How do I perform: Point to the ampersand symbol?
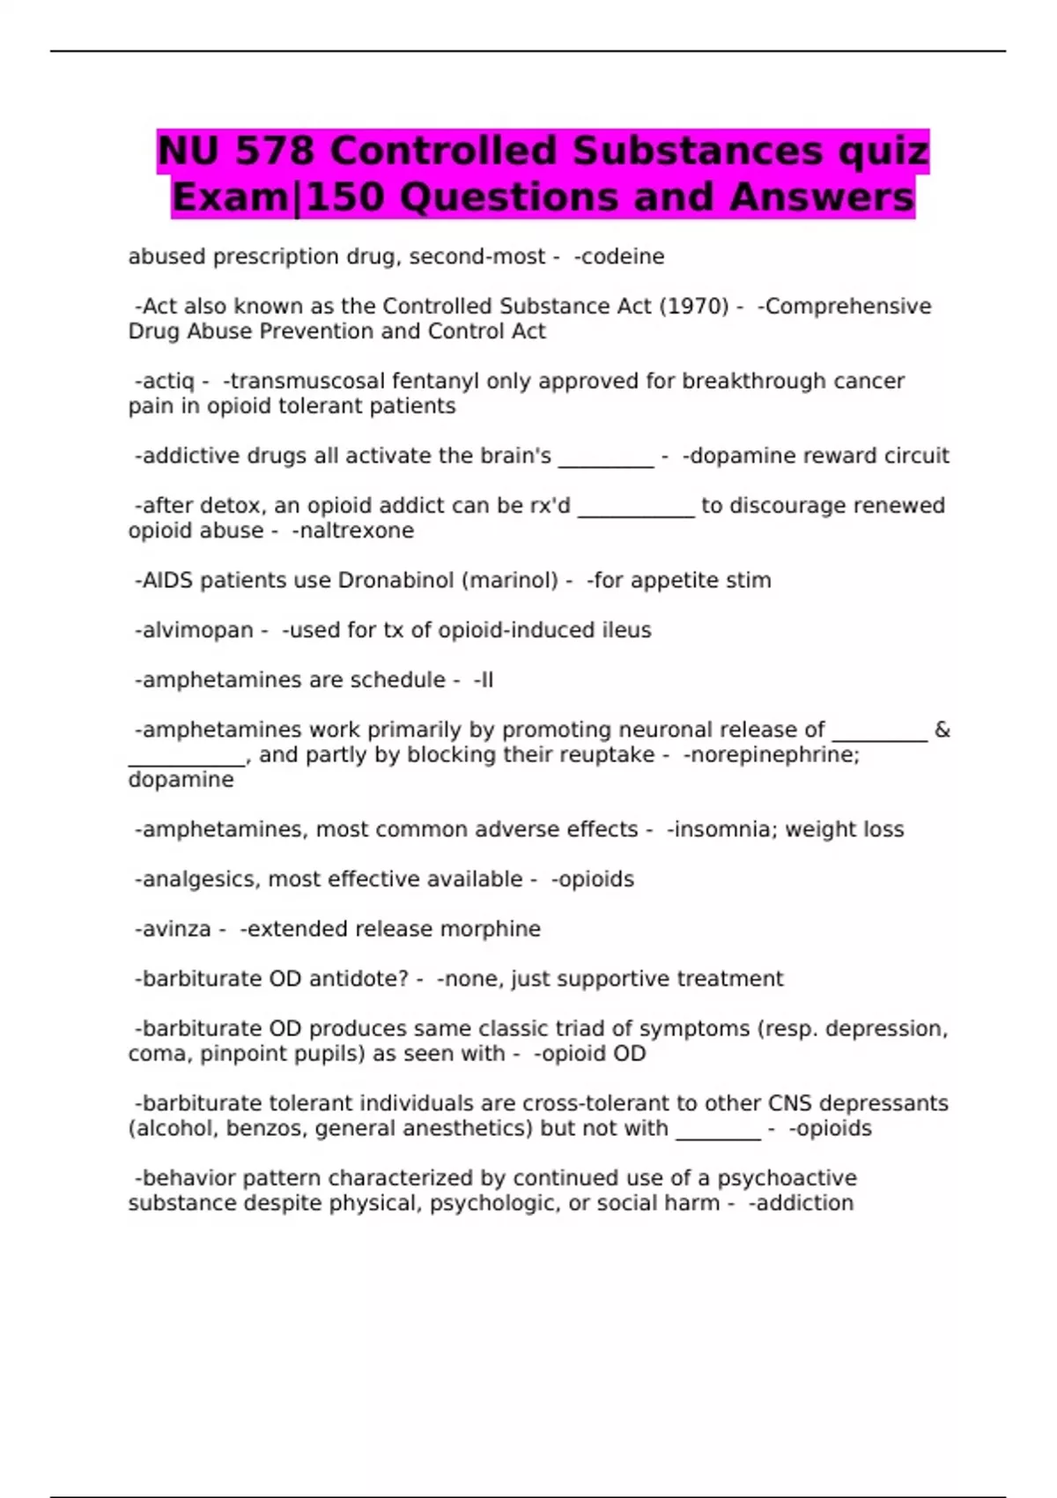click(942, 730)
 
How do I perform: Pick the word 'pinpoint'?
click(244, 1053)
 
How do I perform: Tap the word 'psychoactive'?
click(787, 1178)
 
